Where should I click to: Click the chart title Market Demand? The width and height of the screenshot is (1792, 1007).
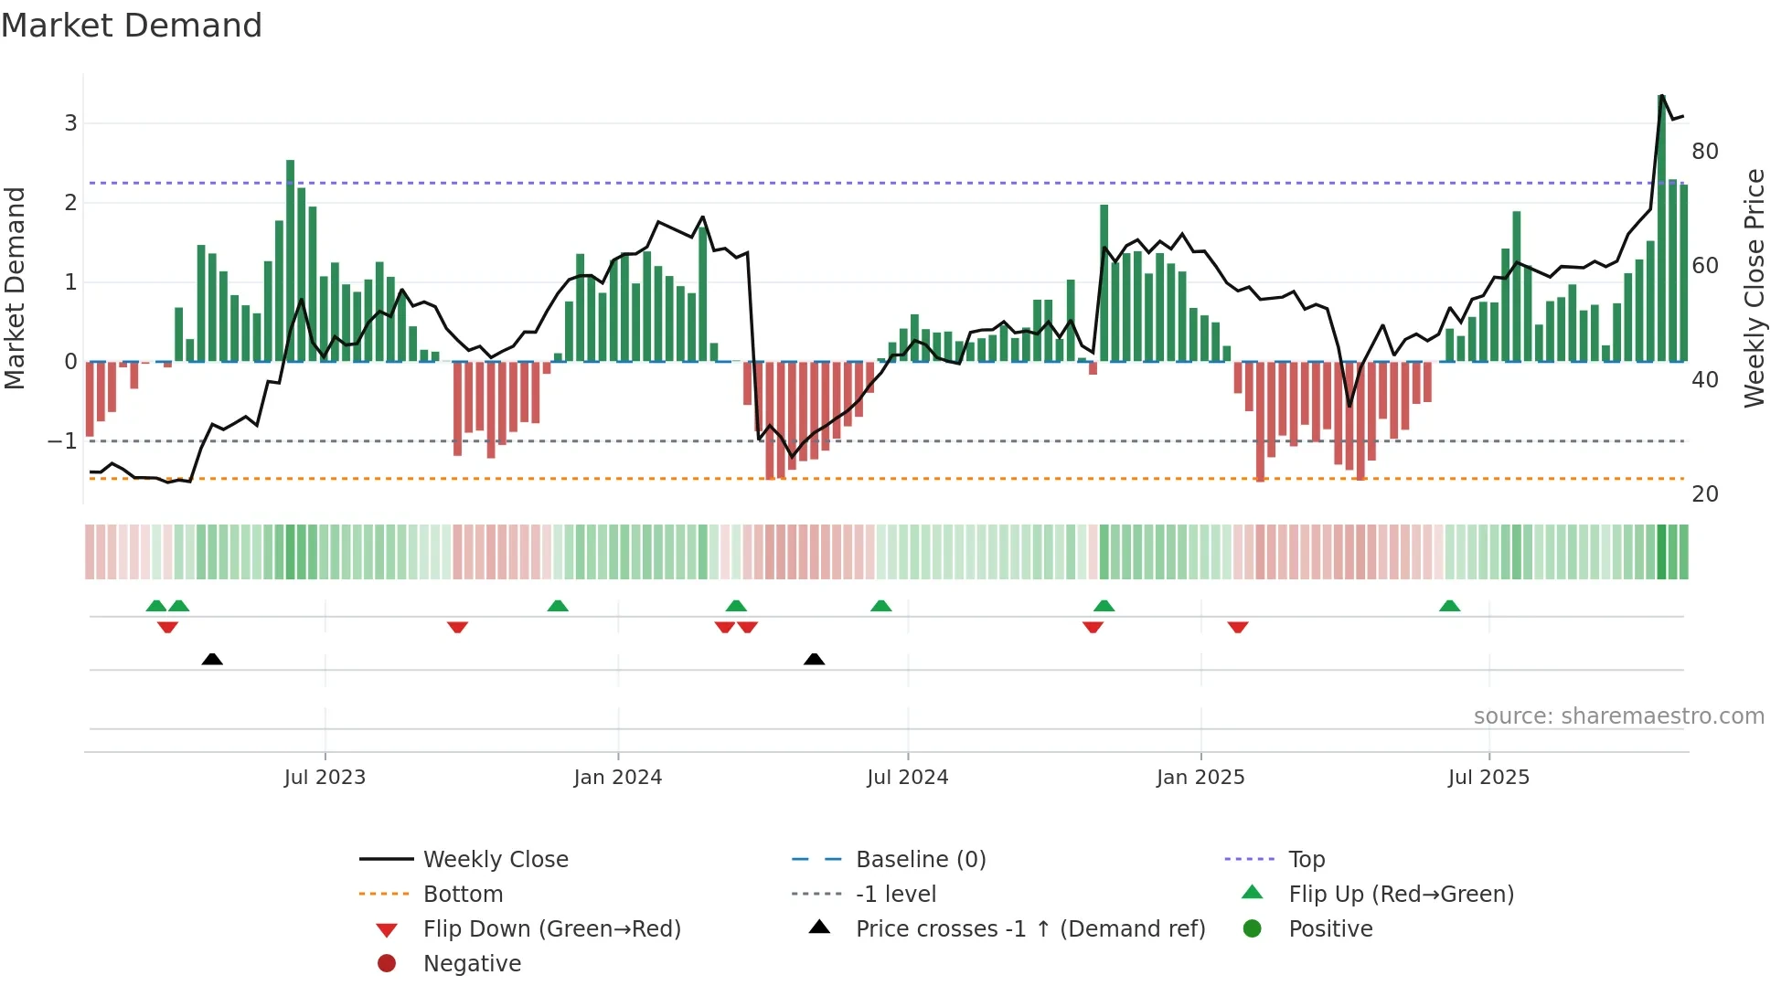[132, 26]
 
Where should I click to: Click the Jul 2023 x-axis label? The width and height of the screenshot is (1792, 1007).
[325, 778]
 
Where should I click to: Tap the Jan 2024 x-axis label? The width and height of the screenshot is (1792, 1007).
[617, 778]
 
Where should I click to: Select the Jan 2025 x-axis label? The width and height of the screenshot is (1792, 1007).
[1200, 778]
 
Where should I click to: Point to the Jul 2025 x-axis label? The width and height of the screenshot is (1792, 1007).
[1488, 778]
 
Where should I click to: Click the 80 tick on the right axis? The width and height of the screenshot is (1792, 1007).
[1704, 152]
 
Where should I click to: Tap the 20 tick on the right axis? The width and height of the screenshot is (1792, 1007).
[1704, 494]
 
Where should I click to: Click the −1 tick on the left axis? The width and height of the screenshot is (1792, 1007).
[62, 441]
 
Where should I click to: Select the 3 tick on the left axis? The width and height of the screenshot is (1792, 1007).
[70, 123]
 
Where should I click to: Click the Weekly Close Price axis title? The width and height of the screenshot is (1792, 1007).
[1754, 288]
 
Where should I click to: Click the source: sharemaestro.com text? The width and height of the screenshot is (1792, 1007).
[1618, 716]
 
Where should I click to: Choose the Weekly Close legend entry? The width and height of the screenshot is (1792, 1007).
[496, 860]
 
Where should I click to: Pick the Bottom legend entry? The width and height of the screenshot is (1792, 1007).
[463, 895]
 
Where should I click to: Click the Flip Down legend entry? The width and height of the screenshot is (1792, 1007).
[551, 929]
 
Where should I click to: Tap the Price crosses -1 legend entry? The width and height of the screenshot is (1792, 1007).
[1030, 929]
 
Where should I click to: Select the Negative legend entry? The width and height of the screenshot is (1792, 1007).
[472, 964]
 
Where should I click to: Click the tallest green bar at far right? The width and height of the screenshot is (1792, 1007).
[1661, 228]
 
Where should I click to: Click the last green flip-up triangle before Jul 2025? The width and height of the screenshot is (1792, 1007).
[1449, 606]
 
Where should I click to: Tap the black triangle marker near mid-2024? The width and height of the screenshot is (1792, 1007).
[814, 659]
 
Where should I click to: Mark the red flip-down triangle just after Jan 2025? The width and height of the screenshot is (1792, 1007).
[1238, 627]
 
